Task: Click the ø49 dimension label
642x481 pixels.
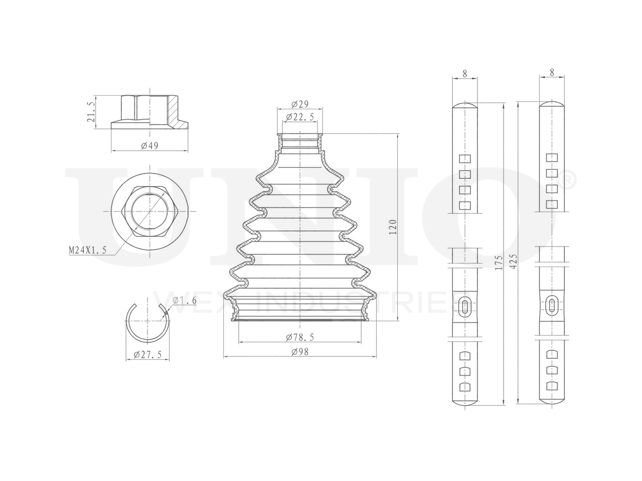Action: coord(150,146)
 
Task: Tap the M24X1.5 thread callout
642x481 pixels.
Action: coord(87,250)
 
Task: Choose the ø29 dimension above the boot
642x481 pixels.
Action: coord(299,105)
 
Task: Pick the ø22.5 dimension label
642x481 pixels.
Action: coord(299,117)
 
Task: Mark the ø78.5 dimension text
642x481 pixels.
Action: coord(299,337)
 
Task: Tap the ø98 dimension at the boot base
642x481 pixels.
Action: coord(299,352)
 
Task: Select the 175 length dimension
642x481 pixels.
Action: coord(498,263)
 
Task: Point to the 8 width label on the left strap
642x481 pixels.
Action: coord(465,73)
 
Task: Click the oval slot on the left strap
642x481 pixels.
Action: coord(465,306)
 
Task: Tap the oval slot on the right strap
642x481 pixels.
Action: coord(552,305)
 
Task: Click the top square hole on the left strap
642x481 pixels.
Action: coord(465,159)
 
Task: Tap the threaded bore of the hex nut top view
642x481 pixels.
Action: coord(148,211)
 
